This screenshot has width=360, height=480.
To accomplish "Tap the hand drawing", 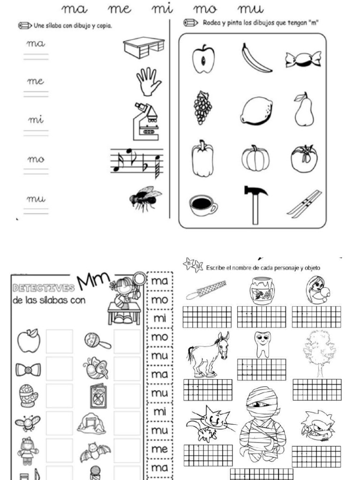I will tap(148, 81).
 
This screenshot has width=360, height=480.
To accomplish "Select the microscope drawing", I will tap(147, 121).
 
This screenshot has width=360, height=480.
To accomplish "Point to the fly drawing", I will tap(144, 198).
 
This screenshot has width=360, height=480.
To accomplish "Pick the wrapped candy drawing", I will tap(303, 59).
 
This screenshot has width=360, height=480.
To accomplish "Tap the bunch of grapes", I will tap(203, 107).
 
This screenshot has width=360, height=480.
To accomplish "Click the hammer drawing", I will tap(255, 203).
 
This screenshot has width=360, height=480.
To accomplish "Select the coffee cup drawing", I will tap(203, 204).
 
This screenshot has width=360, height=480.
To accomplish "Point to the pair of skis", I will tap(304, 203).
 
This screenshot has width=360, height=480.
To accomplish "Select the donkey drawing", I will tap(208, 354).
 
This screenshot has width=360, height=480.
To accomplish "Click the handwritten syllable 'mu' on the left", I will tap(36, 199).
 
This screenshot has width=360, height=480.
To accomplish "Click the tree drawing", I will tap(319, 352).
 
